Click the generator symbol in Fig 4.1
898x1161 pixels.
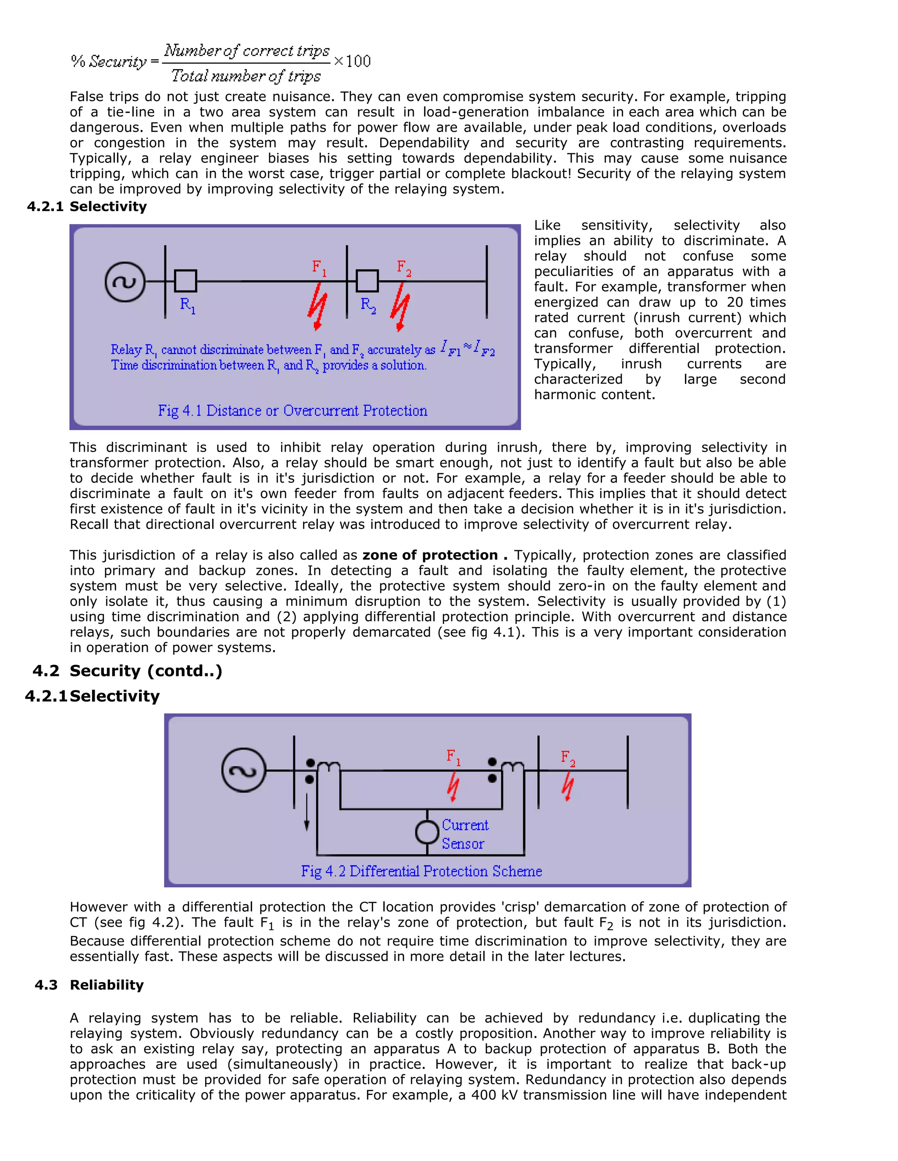tap(125, 282)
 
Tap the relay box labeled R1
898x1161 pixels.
tap(185, 281)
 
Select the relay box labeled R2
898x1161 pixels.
tap(367, 281)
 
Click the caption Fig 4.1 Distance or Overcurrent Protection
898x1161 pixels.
tap(292, 411)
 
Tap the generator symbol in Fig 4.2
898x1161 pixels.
tap(243, 770)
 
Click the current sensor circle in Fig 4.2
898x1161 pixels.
tap(427, 832)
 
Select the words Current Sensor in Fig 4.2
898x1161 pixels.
tap(464, 834)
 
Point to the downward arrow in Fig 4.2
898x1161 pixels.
tap(307, 813)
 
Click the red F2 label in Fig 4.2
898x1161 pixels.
tap(568, 757)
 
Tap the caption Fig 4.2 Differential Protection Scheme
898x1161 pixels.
tap(421, 871)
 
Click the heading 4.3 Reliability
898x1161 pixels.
tap(89, 985)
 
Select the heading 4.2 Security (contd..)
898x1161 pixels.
tap(128, 671)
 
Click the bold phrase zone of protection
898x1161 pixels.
tap(430, 555)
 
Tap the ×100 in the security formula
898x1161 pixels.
tap(352, 61)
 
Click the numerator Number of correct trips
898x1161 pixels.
tap(247, 50)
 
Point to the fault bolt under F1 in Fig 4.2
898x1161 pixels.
tap(453, 787)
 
